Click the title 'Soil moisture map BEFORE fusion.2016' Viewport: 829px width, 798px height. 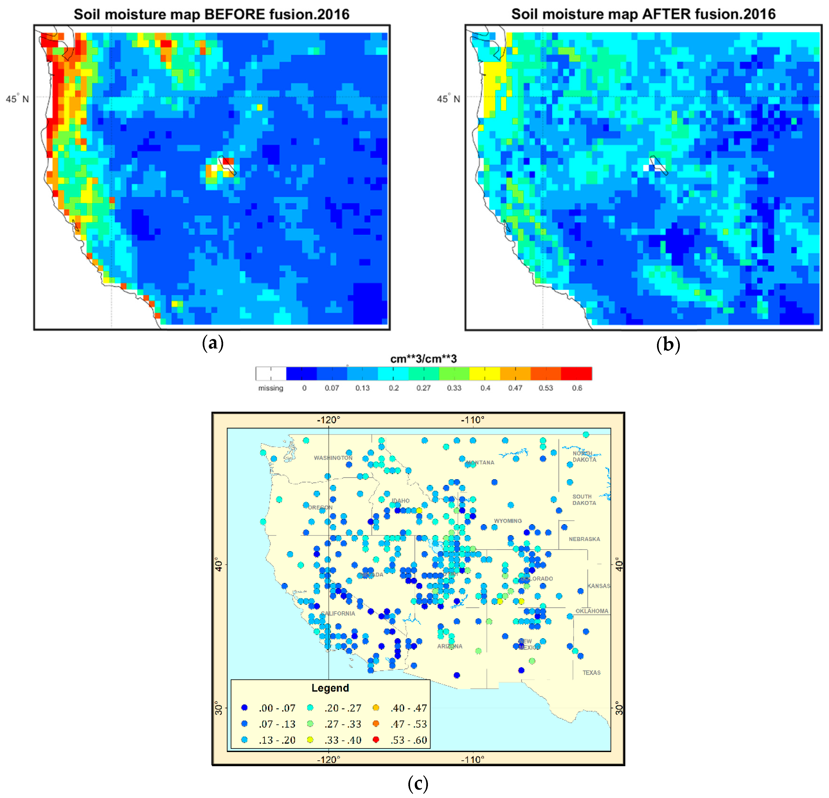click(211, 14)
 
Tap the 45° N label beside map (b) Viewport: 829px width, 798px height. click(448, 99)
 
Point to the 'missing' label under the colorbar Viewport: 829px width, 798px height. click(271, 388)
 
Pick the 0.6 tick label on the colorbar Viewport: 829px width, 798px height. click(577, 388)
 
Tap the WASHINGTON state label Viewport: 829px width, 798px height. click(333, 458)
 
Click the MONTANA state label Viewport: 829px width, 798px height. click(480, 463)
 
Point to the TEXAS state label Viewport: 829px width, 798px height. click(591, 672)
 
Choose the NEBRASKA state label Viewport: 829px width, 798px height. click(584, 539)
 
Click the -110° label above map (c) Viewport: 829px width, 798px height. click(472, 420)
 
